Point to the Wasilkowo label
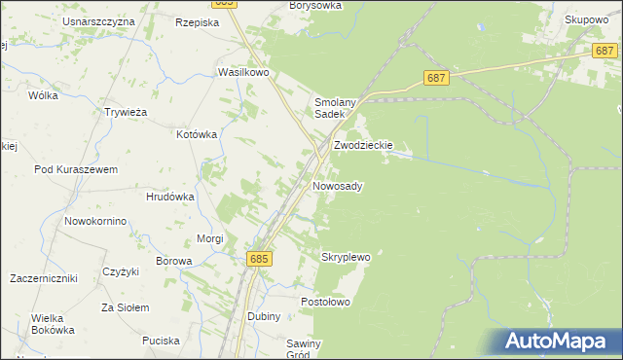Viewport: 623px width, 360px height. pos(242,72)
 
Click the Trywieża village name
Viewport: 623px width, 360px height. pos(125,111)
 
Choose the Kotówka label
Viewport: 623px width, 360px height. pos(197,134)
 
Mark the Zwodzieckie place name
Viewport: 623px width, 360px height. pos(363,145)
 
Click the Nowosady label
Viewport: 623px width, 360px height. pos(338,185)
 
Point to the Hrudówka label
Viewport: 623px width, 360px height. pos(169,196)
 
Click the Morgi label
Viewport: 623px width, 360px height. pos(210,238)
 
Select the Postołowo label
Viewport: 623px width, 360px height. pos(324,302)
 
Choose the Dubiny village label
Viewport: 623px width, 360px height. pos(264,317)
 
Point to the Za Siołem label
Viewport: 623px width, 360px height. pos(125,307)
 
